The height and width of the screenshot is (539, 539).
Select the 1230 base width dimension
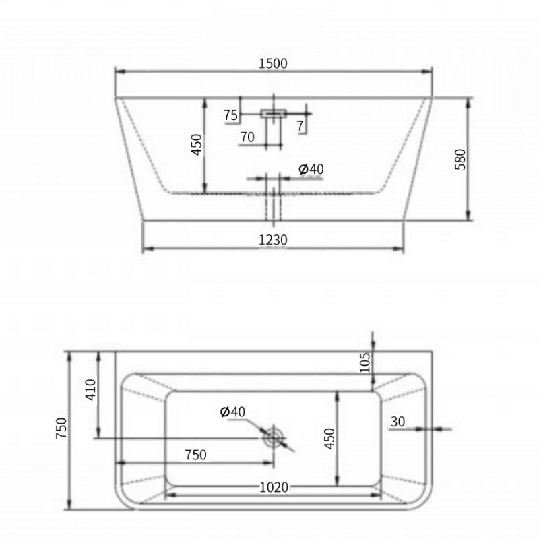[274, 239]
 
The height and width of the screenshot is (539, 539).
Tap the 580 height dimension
[461, 159]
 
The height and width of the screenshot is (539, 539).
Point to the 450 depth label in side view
[197, 144]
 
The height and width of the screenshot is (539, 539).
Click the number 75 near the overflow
[230, 115]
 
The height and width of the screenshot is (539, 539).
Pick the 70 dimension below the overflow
[247, 137]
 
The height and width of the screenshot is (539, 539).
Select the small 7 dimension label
[300, 126]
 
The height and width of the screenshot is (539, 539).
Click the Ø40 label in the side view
[311, 169]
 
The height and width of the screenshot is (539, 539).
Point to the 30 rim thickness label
[398, 422]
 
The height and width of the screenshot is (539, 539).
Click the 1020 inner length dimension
[274, 486]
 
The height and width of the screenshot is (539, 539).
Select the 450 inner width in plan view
[328, 439]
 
